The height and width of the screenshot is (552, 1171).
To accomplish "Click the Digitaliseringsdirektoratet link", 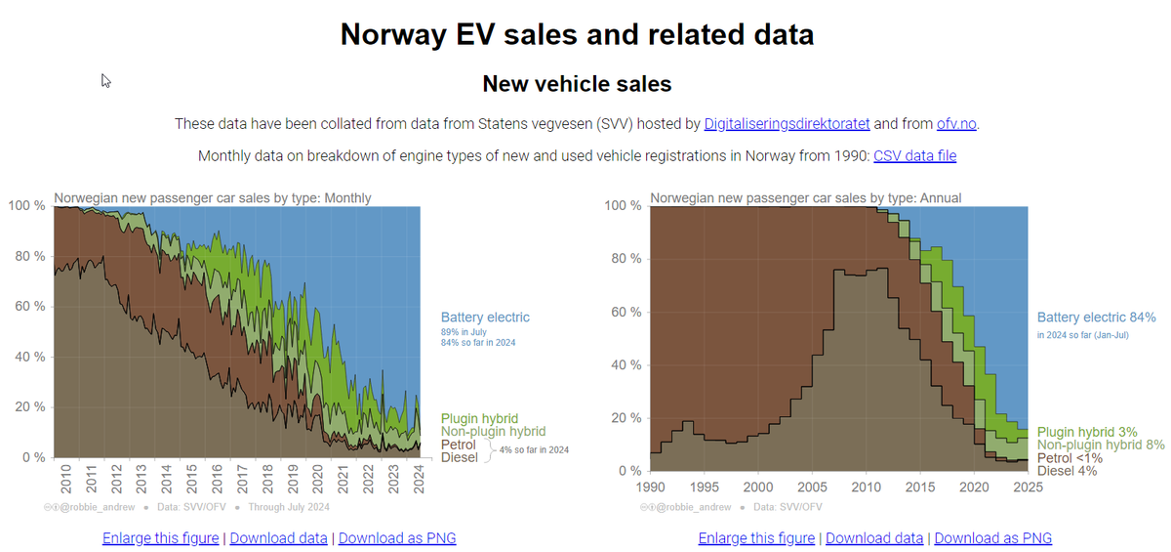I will pyautogui.click(x=787, y=124).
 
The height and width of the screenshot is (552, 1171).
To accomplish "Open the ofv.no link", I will pyautogui.click(x=956, y=124).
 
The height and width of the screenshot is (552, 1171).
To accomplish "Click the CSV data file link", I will pyautogui.click(x=914, y=156).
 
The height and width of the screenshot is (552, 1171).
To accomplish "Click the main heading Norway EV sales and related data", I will pyautogui.click(x=577, y=35).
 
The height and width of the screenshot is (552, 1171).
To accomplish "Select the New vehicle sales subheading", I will pyautogui.click(x=577, y=84).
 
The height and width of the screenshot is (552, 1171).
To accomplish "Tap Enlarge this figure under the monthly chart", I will pyautogui.click(x=161, y=538).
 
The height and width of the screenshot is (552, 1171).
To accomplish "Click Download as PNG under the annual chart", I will pyautogui.click(x=992, y=538).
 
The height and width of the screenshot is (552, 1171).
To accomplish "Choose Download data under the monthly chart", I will pyautogui.click(x=279, y=538).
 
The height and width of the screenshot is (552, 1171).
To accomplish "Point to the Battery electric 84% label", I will pyautogui.click(x=1096, y=318).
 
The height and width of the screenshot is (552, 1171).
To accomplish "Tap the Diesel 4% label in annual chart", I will pyautogui.click(x=1068, y=471).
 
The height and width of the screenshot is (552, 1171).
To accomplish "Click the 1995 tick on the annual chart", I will pyautogui.click(x=705, y=487).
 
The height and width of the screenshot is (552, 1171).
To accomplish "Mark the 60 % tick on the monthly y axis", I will pyautogui.click(x=26, y=307).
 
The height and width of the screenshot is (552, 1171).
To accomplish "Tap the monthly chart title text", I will pyautogui.click(x=213, y=198).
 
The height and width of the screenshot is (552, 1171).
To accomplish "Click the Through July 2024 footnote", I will pyautogui.click(x=288, y=507).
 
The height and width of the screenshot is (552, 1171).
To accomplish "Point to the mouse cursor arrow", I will pyautogui.click(x=105, y=80).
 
